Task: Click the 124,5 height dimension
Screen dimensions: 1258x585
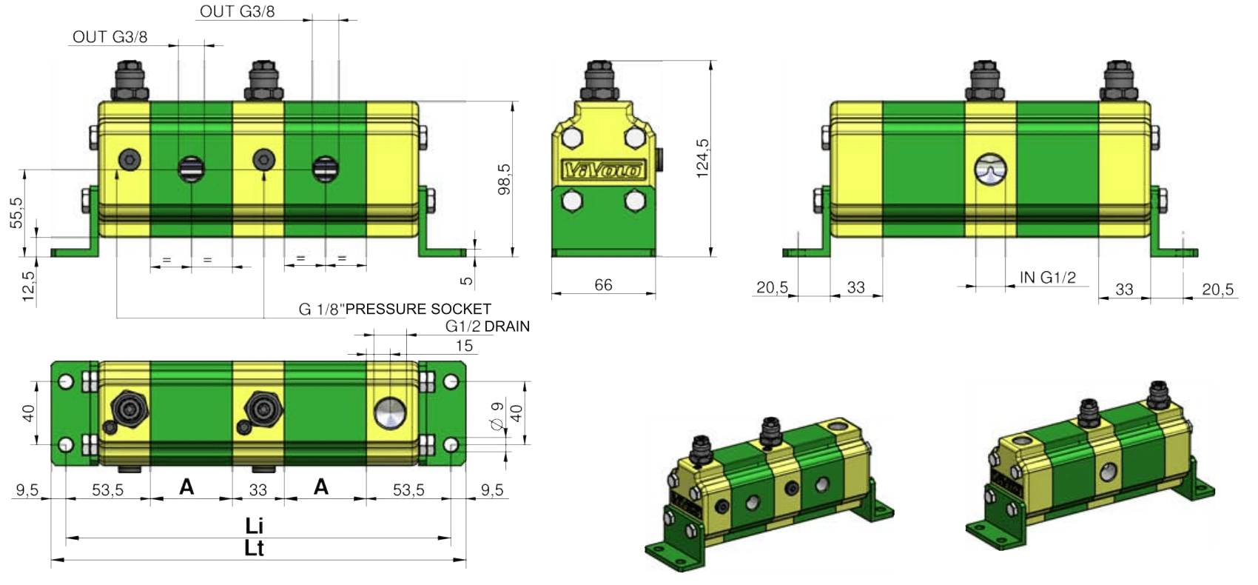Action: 702,158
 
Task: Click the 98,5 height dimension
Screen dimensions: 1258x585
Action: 505,179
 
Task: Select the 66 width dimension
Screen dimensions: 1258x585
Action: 603,285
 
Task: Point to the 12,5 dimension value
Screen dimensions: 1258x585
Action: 28,286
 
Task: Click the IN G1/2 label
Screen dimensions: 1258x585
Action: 1047,277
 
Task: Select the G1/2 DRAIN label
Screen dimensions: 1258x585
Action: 488,326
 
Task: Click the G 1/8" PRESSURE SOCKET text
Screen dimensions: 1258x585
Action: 395,309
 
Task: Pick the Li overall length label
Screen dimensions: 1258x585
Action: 254,526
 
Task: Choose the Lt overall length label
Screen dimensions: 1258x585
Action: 254,548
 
